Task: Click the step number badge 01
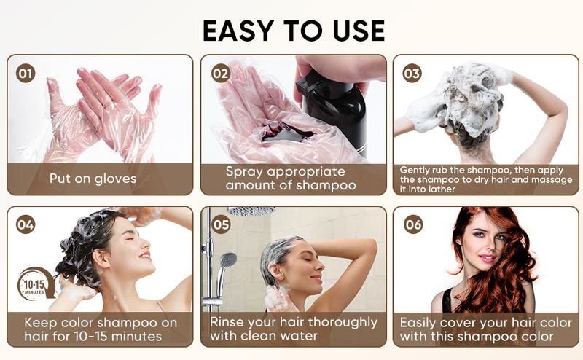coord(26,73)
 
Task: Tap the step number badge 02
coord(220,73)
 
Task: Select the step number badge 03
coord(412,73)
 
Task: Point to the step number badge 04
coord(26,224)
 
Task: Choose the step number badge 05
coord(221,224)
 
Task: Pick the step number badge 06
coord(413,224)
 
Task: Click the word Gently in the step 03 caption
coord(418,170)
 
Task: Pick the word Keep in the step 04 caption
coord(41,321)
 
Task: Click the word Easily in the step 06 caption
coord(422,321)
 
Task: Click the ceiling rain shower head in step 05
coord(251,211)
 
